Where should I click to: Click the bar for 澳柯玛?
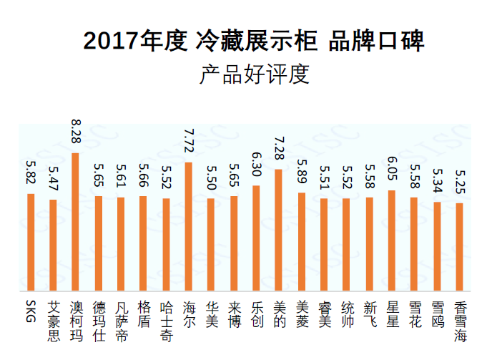pyautogui.click(x=75, y=222)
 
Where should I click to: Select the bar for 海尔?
pyautogui.click(x=188, y=226)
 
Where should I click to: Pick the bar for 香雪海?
pyautogui.click(x=460, y=247)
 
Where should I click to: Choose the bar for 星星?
pyautogui.click(x=392, y=240)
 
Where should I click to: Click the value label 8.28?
pyautogui.click(x=75, y=133)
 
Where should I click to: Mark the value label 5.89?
pyautogui.click(x=301, y=172)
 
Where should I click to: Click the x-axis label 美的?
pyautogui.click(x=279, y=315)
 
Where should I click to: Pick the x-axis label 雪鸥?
pyautogui.click(x=437, y=315)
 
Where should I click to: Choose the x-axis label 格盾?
pyautogui.click(x=143, y=315)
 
